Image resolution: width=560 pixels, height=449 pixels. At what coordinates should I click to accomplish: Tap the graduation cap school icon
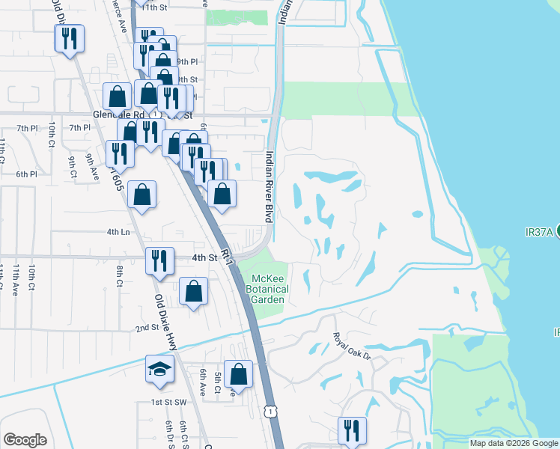[x=159, y=369]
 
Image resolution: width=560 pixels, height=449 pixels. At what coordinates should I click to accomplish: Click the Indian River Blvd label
[x=268, y=187]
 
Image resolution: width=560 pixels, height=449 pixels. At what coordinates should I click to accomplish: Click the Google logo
[x=25, y=440]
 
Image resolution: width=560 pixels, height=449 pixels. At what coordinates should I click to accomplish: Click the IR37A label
[x=538, y=232]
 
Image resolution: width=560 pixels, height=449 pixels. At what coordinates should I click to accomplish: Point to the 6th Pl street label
[x=27, y=174]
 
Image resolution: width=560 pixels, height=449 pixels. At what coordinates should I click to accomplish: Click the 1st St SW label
[x=163, y=403]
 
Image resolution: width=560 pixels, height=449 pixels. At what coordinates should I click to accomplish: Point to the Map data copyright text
[x=513, y=443]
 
